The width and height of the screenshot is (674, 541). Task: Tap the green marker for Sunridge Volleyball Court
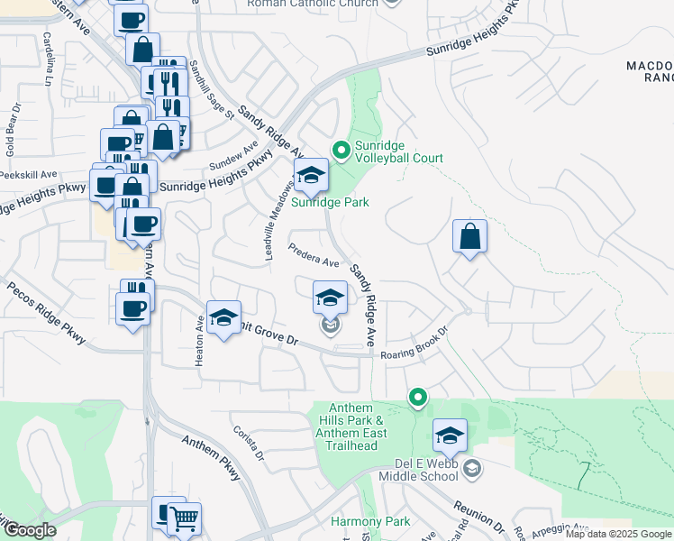342,151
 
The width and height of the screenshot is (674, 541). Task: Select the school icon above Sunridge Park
310,176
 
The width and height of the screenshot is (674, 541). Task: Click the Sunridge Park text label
329,203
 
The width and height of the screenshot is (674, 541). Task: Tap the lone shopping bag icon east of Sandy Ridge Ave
469,237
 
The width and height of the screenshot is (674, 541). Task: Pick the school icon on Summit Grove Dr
224,317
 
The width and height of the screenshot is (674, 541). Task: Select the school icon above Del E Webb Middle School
450,436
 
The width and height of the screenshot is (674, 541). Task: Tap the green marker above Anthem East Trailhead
417,396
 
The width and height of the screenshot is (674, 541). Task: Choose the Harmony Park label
369,521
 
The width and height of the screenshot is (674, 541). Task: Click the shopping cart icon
185,518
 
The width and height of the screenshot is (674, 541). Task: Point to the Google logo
30,530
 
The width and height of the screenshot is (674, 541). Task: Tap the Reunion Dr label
478,514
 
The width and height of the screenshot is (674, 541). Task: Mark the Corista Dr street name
250,445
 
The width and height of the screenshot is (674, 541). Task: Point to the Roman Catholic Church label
312,4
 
